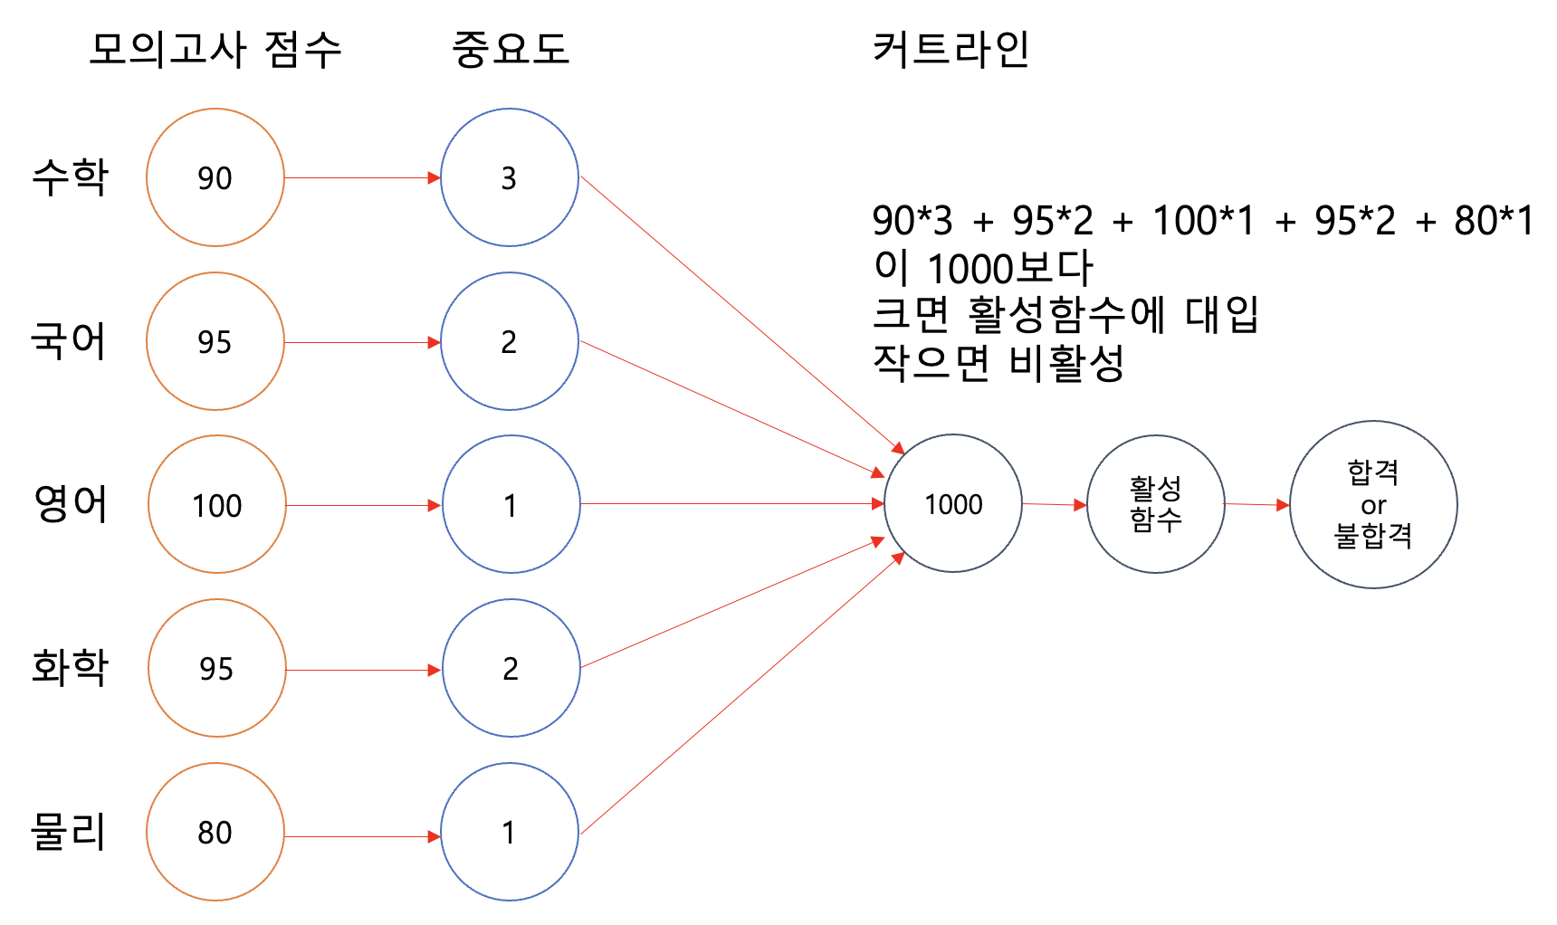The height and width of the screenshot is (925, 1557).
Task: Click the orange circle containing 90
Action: click(x=215, y=177)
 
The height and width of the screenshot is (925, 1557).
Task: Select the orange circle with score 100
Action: click(x=217, y=504)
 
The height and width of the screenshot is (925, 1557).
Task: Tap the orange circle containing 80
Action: click(x=215, y=832)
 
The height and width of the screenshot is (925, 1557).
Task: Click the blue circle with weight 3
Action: click(x=510, y=177)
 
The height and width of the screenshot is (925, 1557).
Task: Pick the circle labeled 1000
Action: click(x=953, y=503)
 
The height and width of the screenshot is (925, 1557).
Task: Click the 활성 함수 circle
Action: click(x=1156, y=504)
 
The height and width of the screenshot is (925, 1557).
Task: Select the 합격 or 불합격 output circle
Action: click(x=1373, y=504)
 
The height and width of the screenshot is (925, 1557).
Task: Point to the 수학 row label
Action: click(x=71, y=176)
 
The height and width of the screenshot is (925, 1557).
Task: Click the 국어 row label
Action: click(x=69, y=341)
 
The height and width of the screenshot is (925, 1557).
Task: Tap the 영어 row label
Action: click(x=71, y=504)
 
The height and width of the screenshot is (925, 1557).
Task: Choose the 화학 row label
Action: click(x=71, y=668)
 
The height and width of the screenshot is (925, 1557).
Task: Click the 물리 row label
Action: click(x=69, y=831)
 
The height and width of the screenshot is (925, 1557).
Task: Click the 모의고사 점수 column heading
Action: click(x=215, y=49)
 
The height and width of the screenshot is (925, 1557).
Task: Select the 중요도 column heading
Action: click(x=511, y=49)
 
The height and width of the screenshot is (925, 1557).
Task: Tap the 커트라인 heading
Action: click(x=950, y=49)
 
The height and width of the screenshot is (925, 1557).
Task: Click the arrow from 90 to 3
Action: click(x=362, y=178)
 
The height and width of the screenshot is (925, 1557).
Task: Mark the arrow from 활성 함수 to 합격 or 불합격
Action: click(x=1256, y=504)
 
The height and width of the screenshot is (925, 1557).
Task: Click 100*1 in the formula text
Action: click(x=1204, y=221)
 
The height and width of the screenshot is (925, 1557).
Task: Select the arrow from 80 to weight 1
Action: click(x=362, y=837)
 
